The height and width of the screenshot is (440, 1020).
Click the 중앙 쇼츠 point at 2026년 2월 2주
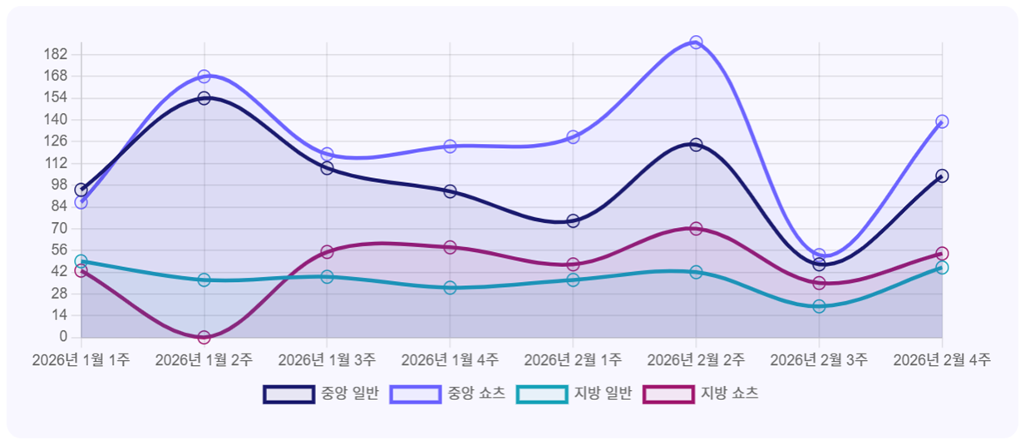(696, 42)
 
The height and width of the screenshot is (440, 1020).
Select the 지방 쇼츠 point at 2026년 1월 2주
(204, 337)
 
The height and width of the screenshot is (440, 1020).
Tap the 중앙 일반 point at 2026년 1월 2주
(204, 98)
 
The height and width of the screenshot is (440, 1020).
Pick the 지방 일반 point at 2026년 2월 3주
(819, 306)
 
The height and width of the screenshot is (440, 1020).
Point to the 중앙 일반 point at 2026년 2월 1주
(573, 220)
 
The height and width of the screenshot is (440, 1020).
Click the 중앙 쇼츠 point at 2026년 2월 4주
(942, 121)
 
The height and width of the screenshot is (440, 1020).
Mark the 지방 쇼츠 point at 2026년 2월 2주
(696, 229)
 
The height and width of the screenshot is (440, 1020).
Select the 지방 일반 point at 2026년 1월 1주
(81, 261)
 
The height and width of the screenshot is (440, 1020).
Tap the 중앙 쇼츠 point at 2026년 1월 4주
(450, 146)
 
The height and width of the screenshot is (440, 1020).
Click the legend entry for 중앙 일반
(320, 393)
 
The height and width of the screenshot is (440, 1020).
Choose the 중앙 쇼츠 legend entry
(446, 393)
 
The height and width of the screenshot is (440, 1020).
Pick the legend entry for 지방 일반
(574, 393)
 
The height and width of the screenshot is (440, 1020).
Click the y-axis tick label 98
(59, 185)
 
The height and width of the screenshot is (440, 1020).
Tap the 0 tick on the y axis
(62, 337)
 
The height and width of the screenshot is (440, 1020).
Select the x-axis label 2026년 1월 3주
(327, 360)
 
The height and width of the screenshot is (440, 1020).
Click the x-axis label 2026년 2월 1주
(573, 360)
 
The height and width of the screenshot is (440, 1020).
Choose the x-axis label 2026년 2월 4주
(942, 360)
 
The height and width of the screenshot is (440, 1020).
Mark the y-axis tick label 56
(59, 250)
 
